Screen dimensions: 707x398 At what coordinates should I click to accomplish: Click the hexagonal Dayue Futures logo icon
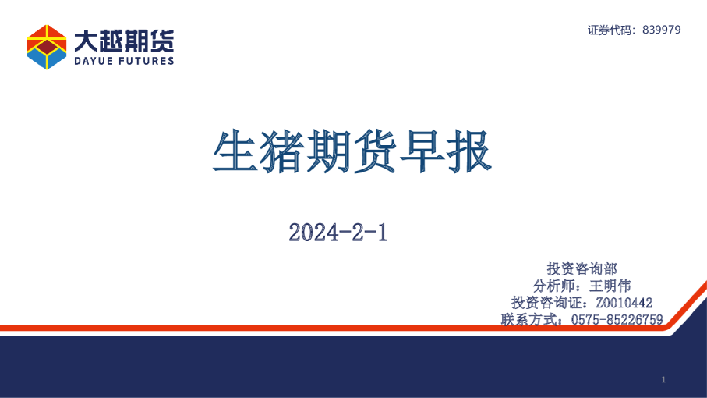tap(47, 47)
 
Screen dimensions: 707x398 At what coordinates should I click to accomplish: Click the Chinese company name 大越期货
tap(124, 41)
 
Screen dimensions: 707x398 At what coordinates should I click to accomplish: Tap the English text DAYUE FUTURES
tap(124, 61)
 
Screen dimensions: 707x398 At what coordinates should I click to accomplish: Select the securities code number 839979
tap(662, 30)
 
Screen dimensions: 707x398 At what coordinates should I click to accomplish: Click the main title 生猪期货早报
tap(352, 151)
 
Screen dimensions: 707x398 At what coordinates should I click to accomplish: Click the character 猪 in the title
tap(282, 151)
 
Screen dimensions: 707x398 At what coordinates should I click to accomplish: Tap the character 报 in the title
tap(469, 151)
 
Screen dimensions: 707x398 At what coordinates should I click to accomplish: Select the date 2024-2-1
tap(338, 233)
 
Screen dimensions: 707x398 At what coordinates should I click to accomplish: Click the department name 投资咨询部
tap(582, 269)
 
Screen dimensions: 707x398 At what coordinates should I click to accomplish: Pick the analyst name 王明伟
tap(610, 286)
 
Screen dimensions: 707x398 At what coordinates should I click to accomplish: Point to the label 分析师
tap(553, 286)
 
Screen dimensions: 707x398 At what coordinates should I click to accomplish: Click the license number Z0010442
tap(624, 303)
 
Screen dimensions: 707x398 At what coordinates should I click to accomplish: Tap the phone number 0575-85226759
tap(617, 319)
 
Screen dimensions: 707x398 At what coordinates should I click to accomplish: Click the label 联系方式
tap(528, 319)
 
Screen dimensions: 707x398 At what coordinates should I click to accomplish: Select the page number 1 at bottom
tap(663, 380)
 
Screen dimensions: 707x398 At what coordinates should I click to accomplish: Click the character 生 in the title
tap(235, 151)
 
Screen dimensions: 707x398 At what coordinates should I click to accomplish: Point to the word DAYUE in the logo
tap(94, 61)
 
